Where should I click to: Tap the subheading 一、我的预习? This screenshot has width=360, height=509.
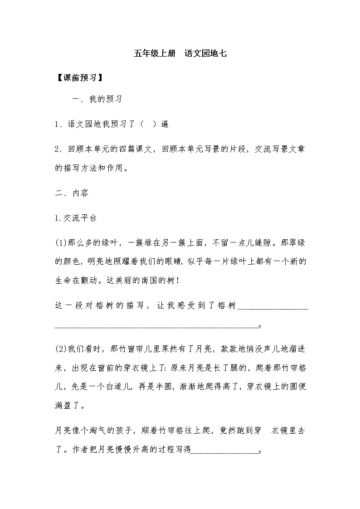pyautogui.click(x=97, y=99)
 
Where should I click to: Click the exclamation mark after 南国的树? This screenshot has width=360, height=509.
pyautogui.click(x=177, y=281)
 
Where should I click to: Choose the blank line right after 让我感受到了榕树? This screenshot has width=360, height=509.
pyautogui.click(x=272, y=306)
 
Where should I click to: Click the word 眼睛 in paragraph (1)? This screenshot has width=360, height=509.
pyautogui.click(x=187, y=262)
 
